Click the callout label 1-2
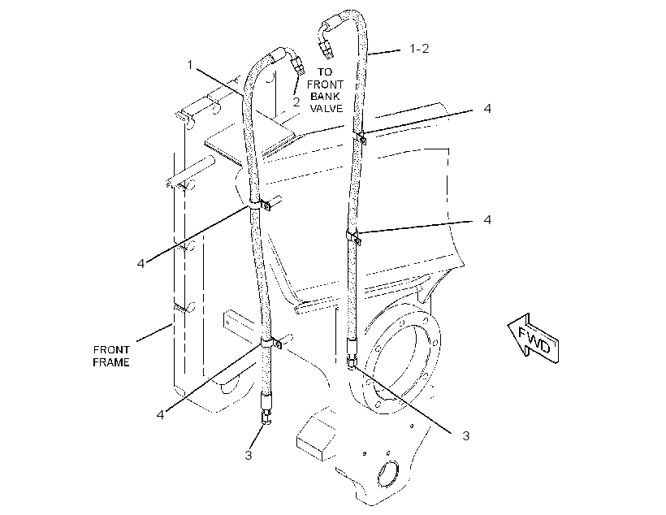point(419,49)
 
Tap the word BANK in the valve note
point(325,97)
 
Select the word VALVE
point(327,108)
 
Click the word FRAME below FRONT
point(111,362)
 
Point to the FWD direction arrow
point(533,339)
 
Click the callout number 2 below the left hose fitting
point(296,102)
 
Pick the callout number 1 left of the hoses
point(190,65)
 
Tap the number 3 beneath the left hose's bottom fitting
point(249,455)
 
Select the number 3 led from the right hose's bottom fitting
point(466,436)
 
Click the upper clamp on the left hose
point(260,204)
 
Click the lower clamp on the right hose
point(353,236)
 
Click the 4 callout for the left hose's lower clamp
point(160,414)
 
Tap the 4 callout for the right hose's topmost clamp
point(487,109)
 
